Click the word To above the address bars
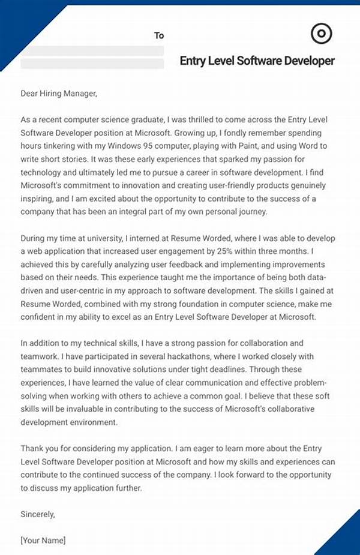coord(159,35)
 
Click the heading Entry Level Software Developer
coord(257,61)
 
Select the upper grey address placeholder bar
coord(92,50)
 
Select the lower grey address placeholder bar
coord(92,64)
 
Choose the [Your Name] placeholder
coord(43,540)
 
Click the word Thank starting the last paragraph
coord(33,448)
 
